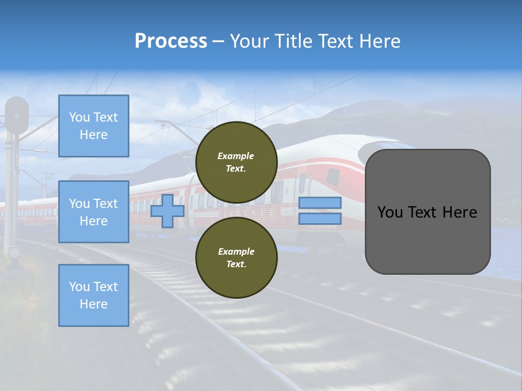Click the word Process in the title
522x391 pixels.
tap(171, 41)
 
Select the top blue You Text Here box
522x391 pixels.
tap(94, 126)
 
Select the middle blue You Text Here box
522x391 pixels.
tap(94, 212)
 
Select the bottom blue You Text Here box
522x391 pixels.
tap(94, 295)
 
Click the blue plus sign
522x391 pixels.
tap(167, 211)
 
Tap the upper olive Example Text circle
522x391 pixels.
tap(236, 162)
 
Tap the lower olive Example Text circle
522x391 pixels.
tap(236, 257)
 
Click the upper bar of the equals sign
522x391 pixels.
tap(320, 203)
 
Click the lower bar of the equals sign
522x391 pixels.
tap(320, 219)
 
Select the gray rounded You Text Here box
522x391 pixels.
tap(427, 212)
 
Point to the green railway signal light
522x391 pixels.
tap(17, 115)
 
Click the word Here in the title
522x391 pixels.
tap(380, 41)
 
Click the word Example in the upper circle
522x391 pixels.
tap(236, 156)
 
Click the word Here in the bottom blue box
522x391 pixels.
tap(94, 304)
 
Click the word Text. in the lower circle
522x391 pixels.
tap(236, 264)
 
